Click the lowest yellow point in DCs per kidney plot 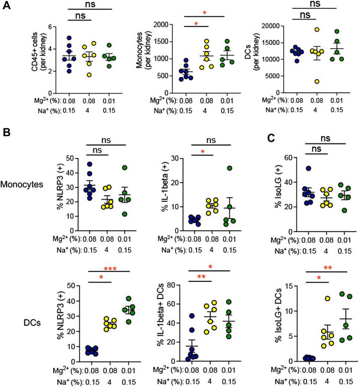click(x=305, y=81)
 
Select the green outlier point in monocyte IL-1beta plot click(x=220, y=168)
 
